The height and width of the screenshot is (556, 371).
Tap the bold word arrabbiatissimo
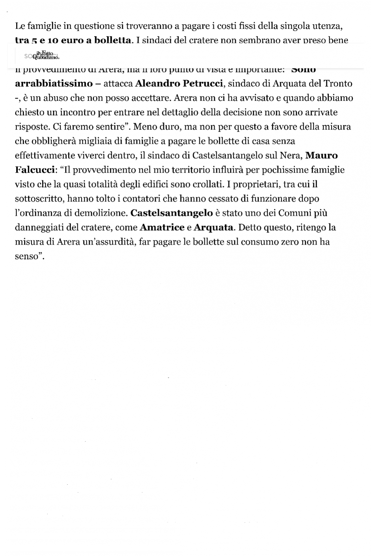(54, 84)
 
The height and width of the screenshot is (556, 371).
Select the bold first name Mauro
(321, 155)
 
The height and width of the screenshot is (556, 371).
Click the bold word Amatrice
(162, 227)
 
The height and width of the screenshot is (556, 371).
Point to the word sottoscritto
(36, 199)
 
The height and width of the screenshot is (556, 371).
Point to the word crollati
(210, 184)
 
